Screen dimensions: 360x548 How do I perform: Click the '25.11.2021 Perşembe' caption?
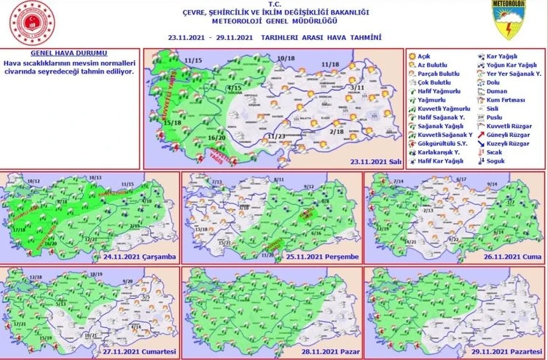(320, 257)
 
